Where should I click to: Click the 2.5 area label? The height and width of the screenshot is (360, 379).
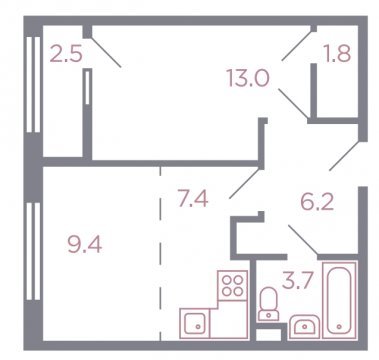tap(66, 54)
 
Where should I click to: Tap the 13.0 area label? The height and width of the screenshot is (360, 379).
tap(248, 79)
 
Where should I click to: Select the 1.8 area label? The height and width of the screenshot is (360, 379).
tap(338, 53)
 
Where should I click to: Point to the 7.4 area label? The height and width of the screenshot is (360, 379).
tap(193, 199)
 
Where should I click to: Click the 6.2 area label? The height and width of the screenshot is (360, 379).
tap(317, 201)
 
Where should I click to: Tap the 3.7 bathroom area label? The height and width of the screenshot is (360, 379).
tap(298, 281)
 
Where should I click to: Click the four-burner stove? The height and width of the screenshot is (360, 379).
tap(233, 285)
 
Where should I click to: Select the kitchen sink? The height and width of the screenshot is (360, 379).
tap(195, 323)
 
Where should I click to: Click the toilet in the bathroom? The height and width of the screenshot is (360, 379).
tap(268, 304)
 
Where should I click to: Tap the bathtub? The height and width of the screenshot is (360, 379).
tap(339, 300)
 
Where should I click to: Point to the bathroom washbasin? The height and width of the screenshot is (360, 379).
tap(305, 327)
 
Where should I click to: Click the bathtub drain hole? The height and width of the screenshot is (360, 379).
tap(339, 327)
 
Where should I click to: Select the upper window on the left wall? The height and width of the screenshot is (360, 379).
tap(33, 84)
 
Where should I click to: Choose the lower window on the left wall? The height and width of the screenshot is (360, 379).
tap(33, 251)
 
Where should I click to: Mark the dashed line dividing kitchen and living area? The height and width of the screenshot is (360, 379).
tap(160, 253)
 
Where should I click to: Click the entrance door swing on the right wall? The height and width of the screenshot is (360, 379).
tap(345, 156)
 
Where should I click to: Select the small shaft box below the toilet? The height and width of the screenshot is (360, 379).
tap(269, 334)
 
